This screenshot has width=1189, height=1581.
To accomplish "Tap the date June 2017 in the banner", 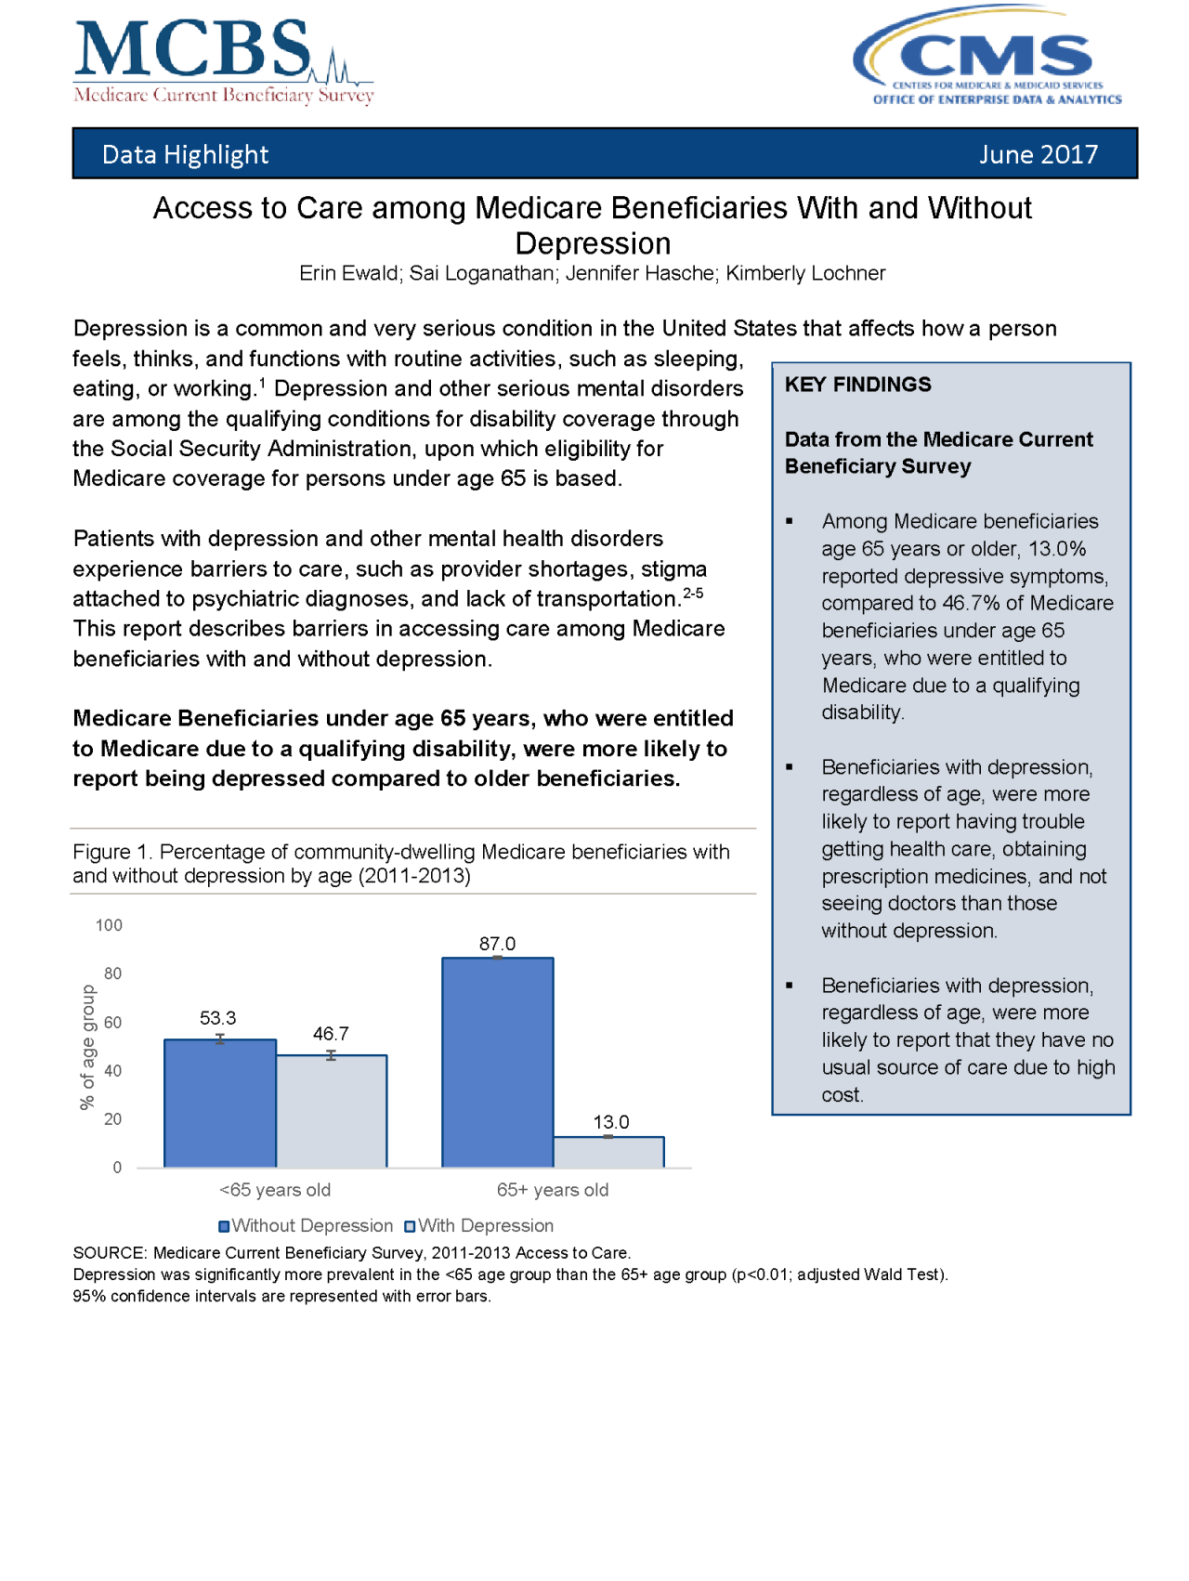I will coord(1038,154).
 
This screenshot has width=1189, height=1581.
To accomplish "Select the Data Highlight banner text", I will coord(185,154).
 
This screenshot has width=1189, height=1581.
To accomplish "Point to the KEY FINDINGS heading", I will coord(857,385).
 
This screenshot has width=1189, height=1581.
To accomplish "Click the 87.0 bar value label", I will coord(497,944).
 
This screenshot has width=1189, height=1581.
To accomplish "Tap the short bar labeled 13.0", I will coord(608,1152).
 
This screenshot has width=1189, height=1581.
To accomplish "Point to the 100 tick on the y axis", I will coord(109,925).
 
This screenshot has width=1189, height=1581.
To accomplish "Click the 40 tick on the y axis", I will coord(112,1071).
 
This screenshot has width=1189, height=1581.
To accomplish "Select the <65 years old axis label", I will coord(275,1190).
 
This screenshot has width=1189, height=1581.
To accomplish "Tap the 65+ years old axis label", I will coord(553,1190).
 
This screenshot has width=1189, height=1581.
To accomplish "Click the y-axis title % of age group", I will coord(88,1047).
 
